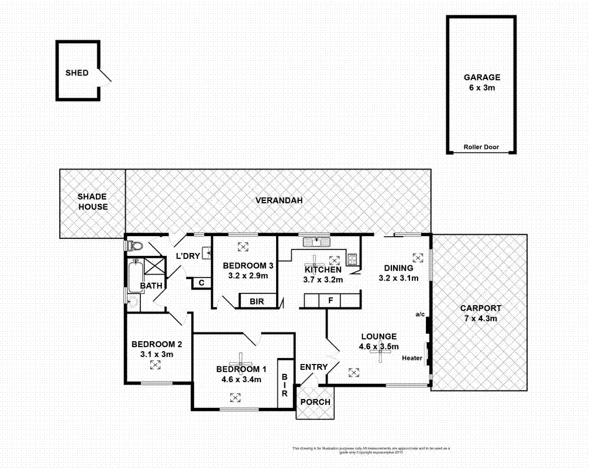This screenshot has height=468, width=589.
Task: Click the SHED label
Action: tap(77, 73)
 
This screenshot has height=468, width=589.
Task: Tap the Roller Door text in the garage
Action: tap(481, 147)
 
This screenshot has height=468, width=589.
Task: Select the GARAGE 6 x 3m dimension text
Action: tap(482, 88)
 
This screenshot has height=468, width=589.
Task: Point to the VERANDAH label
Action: tap(278, 200)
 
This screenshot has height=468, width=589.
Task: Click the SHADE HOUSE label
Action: tap(93, 202)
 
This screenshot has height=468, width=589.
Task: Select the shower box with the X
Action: tap(154, 266)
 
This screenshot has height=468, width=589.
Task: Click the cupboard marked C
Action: tap(201, 283)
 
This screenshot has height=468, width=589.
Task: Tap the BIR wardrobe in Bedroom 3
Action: tap(256, 301)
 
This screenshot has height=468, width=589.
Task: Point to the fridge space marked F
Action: tap(330, 301)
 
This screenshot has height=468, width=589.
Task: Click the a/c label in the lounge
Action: tap(419, 314)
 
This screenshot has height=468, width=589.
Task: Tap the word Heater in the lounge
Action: tap(412, 358)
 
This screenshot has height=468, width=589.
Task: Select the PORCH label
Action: tap(316, 402)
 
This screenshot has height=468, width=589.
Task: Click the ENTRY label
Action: tap(314, 367)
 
